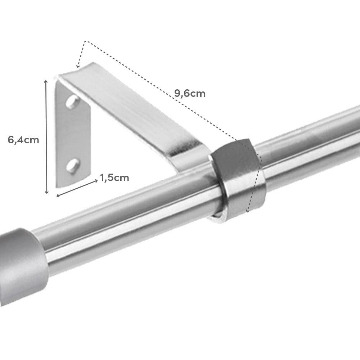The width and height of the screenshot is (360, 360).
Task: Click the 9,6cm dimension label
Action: (x=190, y=94)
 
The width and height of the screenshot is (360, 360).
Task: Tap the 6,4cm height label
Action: (x=23, y=140)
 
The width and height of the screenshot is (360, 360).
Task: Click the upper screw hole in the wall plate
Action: (x=72, y=102)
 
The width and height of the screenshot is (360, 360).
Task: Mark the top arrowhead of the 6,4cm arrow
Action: (x=46, y=82)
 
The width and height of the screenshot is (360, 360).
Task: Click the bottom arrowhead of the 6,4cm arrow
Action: (x=46, y=192)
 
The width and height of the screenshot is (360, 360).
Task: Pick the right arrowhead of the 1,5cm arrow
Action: (x=96, y=180)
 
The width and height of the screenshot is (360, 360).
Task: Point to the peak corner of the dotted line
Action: (x=85, y=41)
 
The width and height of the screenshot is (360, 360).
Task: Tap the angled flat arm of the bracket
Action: (x=133, y=115)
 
